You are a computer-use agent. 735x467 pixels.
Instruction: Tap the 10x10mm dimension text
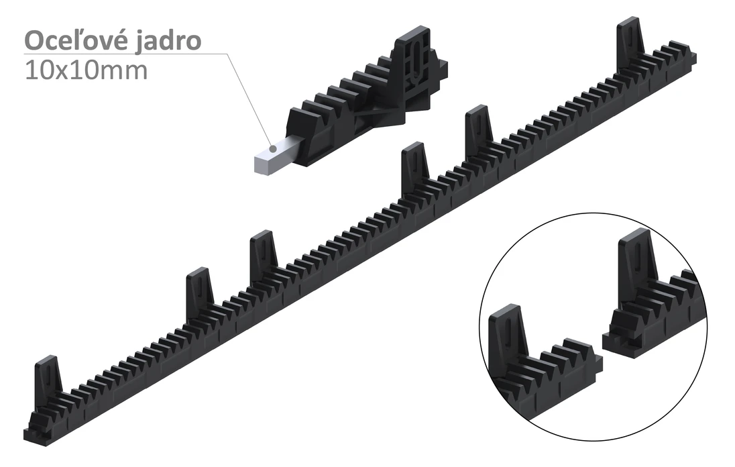(x=86, y=70)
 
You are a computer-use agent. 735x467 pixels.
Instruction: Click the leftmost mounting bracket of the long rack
(x=48, y=379)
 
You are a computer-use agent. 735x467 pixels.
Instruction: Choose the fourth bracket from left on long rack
(x=414, y=164)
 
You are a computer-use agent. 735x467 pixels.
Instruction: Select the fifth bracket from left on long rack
(x=479, y=127)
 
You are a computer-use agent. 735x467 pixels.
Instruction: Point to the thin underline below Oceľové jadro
(x=121, y=54)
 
